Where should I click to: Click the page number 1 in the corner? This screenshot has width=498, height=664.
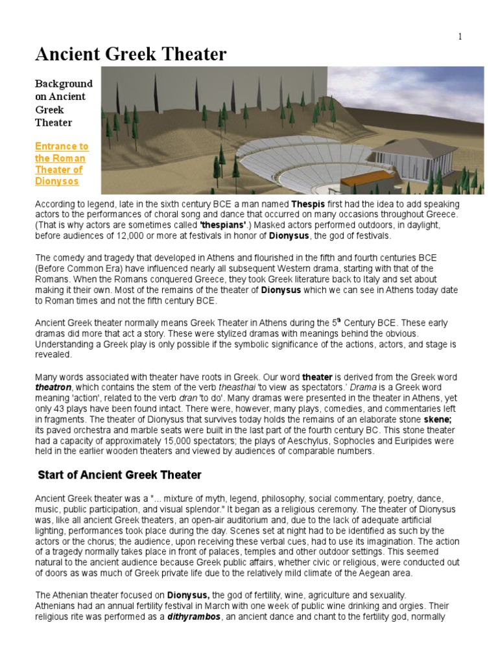pyautogui.click(x=460, y=37)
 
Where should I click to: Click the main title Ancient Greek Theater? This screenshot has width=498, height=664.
pyautogui.click(x=131, y=54)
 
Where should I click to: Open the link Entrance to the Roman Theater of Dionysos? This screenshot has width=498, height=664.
pyautogui.click(x=61, y=164)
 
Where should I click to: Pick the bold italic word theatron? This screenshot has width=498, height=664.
pyautogui.click(x=52, y=386)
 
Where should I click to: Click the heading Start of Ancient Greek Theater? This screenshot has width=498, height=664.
pyautogui.click(x=120, y=475)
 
